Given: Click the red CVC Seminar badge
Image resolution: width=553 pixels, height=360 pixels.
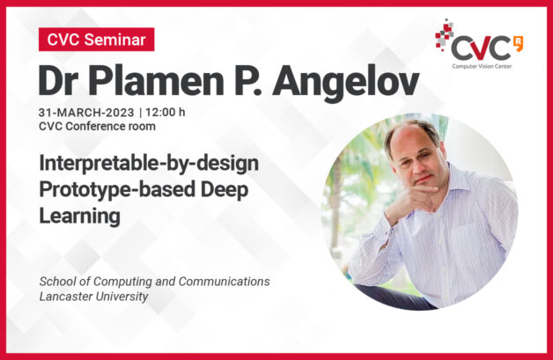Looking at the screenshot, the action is tap(97, 40).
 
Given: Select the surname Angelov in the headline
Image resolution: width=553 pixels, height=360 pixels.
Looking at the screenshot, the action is tap(345, 84).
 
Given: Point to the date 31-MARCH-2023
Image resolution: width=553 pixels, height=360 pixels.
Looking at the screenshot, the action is tap(86, 113).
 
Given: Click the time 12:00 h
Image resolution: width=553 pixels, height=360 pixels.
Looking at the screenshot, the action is tap(165, 112).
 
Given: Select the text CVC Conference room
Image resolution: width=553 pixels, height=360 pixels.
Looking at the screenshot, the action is tap(97, 126).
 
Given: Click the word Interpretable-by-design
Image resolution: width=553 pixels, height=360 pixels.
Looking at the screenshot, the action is tap(149, 164).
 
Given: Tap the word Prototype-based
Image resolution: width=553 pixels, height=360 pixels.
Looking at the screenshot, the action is tap(117, 190).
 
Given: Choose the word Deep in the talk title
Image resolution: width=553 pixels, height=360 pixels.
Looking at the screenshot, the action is tap(225, 190).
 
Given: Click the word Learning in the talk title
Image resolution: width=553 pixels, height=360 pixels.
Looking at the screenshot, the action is tap(80, 217).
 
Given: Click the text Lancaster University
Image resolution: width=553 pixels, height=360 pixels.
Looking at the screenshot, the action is tap(93, 297).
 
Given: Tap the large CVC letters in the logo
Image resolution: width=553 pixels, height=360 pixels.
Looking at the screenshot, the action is tap(481, 48).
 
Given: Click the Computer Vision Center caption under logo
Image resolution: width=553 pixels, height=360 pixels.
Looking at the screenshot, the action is tap(482, 66).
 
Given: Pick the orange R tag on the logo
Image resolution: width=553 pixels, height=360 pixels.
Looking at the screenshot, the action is tap(519, 43).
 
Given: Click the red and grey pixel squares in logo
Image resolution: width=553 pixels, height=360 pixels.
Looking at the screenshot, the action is tap(444, 35).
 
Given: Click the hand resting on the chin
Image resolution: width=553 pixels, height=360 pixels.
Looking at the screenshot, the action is tap(413, 199).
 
